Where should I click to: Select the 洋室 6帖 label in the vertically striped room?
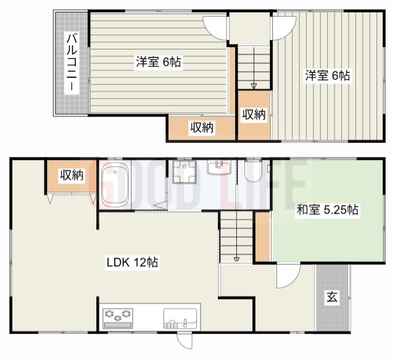[327, 76]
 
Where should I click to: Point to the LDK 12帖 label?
[133, 262]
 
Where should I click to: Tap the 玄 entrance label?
[331, 298]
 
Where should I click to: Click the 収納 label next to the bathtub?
[71, 175]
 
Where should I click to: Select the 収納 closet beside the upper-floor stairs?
[253, 114]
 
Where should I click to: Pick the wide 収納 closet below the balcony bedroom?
[202, 128]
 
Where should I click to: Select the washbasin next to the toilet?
[219, 168]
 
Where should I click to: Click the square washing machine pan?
[184, 174]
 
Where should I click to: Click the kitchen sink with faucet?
[180, 318]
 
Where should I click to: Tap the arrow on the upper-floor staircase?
[254, 85]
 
